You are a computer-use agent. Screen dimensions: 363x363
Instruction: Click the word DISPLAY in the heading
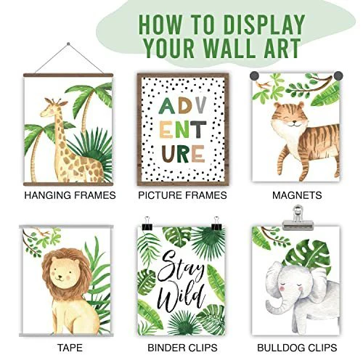coord(264,25)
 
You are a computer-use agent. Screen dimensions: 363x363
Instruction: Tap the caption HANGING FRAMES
coord(70,195)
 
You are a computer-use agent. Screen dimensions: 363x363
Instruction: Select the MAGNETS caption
coord(297,195)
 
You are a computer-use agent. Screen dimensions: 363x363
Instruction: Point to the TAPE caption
coord(70,348)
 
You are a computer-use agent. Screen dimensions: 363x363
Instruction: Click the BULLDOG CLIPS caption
coord(297,348)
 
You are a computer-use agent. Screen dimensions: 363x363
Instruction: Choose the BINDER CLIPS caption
coord(182,348)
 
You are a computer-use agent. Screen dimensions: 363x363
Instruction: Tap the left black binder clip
coord(147,224)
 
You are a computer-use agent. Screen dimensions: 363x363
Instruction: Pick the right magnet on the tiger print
coord(338,76)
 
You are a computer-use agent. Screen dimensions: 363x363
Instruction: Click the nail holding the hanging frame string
coord(68,44)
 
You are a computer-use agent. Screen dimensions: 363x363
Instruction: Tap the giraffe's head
coord(52,108)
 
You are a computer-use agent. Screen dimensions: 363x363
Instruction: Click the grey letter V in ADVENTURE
coord(200,105)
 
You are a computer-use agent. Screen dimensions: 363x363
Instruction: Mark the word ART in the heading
coord(282,47)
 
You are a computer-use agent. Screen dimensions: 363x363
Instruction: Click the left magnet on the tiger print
coord(254,76)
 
